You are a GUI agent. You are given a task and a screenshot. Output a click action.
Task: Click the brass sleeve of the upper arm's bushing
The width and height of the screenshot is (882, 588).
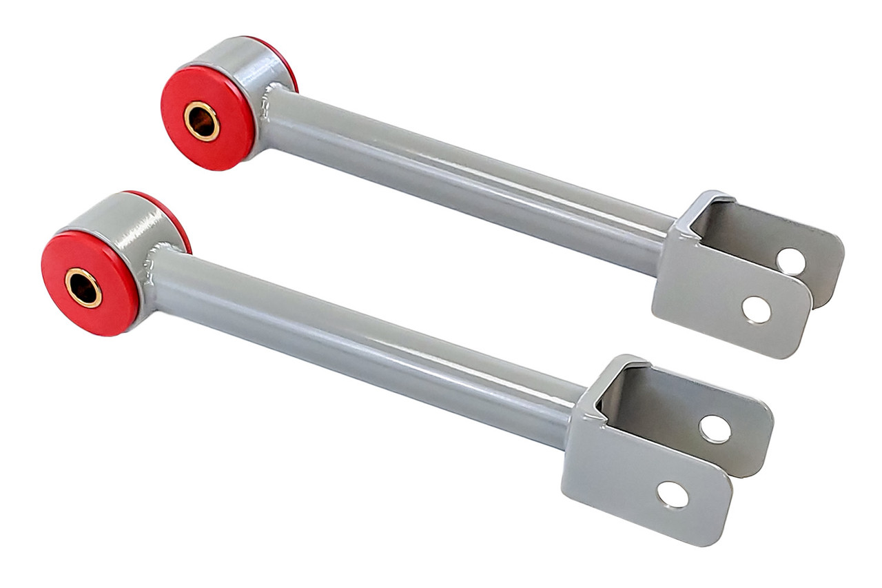click(202, 121)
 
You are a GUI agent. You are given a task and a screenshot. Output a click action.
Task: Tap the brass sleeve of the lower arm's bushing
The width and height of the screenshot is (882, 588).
click(83, 287)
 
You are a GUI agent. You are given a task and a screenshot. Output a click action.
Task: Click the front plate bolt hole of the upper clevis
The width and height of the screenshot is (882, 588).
click(756, 310)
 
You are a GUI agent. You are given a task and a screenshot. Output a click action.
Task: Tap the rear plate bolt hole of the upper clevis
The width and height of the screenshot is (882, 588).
click(790, 261)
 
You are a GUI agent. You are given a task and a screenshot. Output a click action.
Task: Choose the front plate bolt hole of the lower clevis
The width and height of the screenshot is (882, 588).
click(673, 494)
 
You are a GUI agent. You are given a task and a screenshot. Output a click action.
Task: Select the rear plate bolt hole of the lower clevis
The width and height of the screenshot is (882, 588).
click(715, 429)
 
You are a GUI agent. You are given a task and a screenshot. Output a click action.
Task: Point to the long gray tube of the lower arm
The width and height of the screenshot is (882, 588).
click(358, 345)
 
